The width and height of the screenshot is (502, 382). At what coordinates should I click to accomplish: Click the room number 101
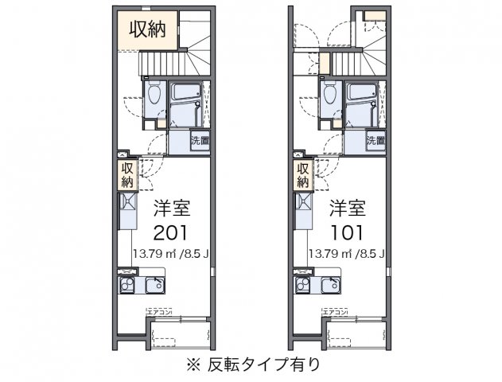click(347, 233)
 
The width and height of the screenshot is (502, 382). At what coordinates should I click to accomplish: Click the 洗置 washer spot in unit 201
click(200, 142)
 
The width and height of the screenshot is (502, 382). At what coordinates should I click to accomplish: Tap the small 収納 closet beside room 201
click(126, 175)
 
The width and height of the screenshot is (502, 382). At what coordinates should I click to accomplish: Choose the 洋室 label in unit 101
click(347, 208)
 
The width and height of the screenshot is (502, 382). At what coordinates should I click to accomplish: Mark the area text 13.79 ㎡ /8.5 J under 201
click(173, 255)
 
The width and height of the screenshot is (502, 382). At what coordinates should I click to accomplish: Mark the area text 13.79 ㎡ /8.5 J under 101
click(348, 255)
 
